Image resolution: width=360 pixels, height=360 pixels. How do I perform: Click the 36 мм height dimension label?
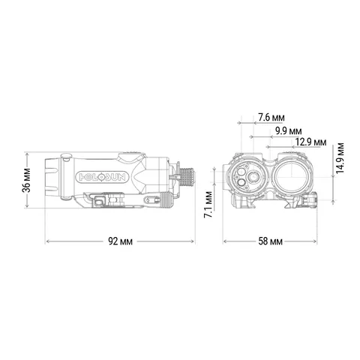tap(26, 180)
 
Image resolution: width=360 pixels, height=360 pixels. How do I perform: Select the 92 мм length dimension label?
tap(121, 241)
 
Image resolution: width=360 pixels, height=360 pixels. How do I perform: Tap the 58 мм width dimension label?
tap(271, 241)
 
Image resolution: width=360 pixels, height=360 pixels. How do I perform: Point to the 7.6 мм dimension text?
tap(271, 118)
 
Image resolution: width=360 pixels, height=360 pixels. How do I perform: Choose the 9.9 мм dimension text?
tap(288, 131)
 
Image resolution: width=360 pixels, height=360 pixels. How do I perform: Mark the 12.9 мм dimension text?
tap(310, 142)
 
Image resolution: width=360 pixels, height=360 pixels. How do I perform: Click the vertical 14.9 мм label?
tap(340, 157)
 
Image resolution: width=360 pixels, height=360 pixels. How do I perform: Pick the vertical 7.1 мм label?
tap(208, 205)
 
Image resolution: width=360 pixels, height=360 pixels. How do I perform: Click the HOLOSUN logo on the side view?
tap(102, 177)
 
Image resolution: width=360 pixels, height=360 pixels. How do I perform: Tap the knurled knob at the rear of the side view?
tap(187, 177)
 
